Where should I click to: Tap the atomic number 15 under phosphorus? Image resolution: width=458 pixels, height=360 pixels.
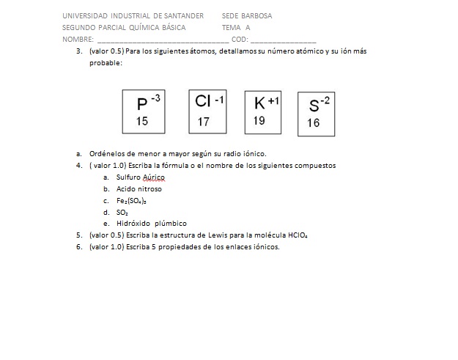(142, 121)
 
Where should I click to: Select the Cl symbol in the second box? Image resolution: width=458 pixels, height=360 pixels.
(204, 101)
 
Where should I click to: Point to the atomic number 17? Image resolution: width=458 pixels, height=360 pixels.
(203, 122)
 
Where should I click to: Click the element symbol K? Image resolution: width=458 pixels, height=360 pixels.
(259, 103)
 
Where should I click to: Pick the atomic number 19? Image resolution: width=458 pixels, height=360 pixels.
(259, 121)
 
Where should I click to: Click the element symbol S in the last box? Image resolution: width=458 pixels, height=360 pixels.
(314, 105)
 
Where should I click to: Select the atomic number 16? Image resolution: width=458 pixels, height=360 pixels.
(313, 123)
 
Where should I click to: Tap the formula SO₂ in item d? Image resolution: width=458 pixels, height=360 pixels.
(122, 212)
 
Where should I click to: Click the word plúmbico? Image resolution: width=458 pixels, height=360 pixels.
(171, 224)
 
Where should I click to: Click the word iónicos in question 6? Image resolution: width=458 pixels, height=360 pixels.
(266, 247)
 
